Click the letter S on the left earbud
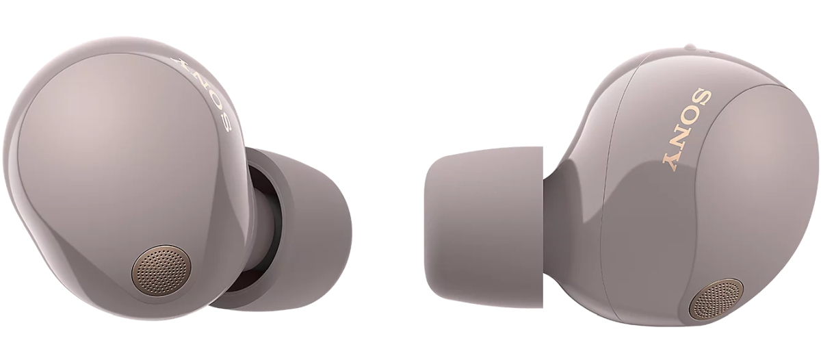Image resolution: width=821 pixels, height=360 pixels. tap(226, 122)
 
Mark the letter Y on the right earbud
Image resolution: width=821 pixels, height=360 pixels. tap(674, 162)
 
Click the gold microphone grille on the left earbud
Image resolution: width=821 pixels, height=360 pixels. tap(161, 270)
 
